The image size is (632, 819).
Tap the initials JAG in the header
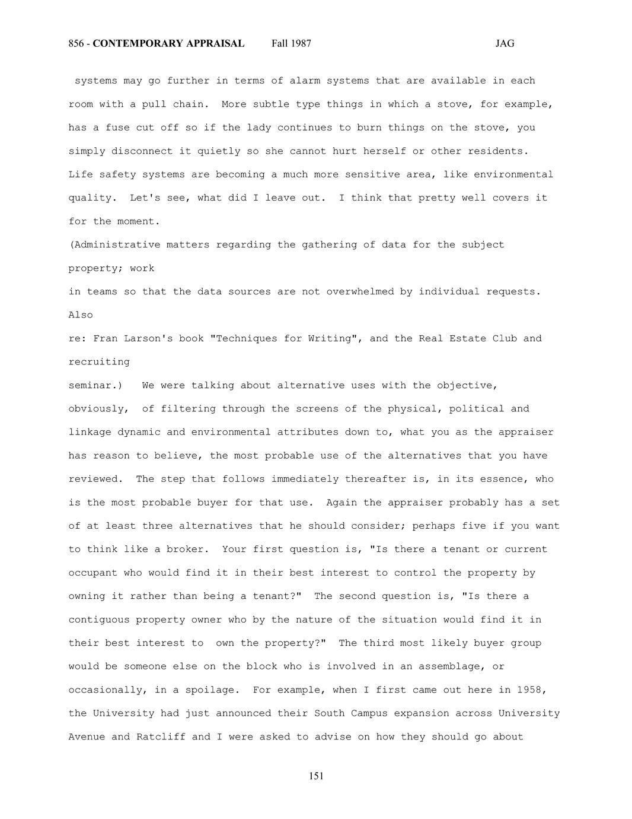pos(505,43)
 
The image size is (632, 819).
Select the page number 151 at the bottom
pos(316,776)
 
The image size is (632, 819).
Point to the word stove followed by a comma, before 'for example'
pos(455,104)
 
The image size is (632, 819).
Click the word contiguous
pos(99,620)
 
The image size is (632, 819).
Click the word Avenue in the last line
pos(87,737)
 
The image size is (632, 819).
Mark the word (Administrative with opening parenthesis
pos(114,245)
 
